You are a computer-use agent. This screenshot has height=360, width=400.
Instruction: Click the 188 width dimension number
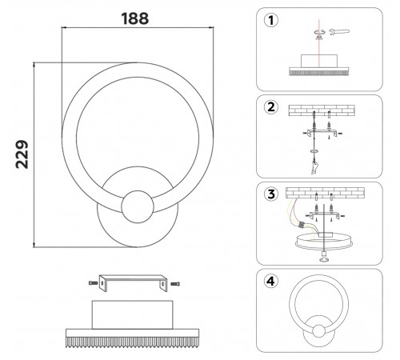pos(134,18)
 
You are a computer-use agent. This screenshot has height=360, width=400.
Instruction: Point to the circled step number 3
pos(272,194)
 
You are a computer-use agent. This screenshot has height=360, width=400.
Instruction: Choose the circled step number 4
pos(272,281)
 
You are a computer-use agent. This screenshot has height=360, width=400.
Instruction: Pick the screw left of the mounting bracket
pos(93,281)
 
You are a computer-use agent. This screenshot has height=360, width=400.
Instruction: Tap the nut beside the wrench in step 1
pos(320,33)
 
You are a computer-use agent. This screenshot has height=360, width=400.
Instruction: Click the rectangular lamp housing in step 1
pos(321,62)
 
